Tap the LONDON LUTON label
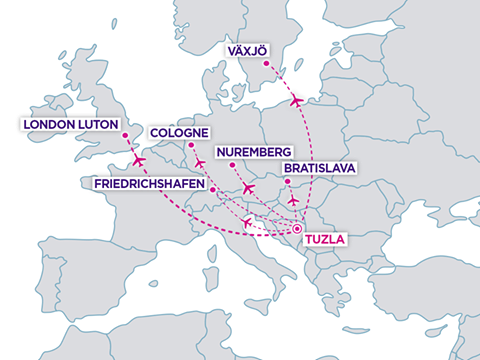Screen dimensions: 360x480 pyautogui.click(x=66, y=124)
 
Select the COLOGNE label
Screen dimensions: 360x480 pyautogui.click(x=179, y=132)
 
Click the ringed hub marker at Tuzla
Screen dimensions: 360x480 pyautogui.click(x=297, y=230)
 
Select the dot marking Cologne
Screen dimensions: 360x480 pyautogui.click(x=191, y=146)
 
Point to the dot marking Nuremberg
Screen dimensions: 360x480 pyautogui.click(x=231, y=165)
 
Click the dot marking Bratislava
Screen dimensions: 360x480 pyautogui.click(x=287, y=181)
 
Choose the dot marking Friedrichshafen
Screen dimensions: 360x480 pyautogui.click(x=212, y=190)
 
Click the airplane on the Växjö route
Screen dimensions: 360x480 pyautogui.click(x=296, y=101)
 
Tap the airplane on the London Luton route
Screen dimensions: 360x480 pyautogui.click(x=138, y=160)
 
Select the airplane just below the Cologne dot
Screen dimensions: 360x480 pyautogui.click(x=200, y=163)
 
